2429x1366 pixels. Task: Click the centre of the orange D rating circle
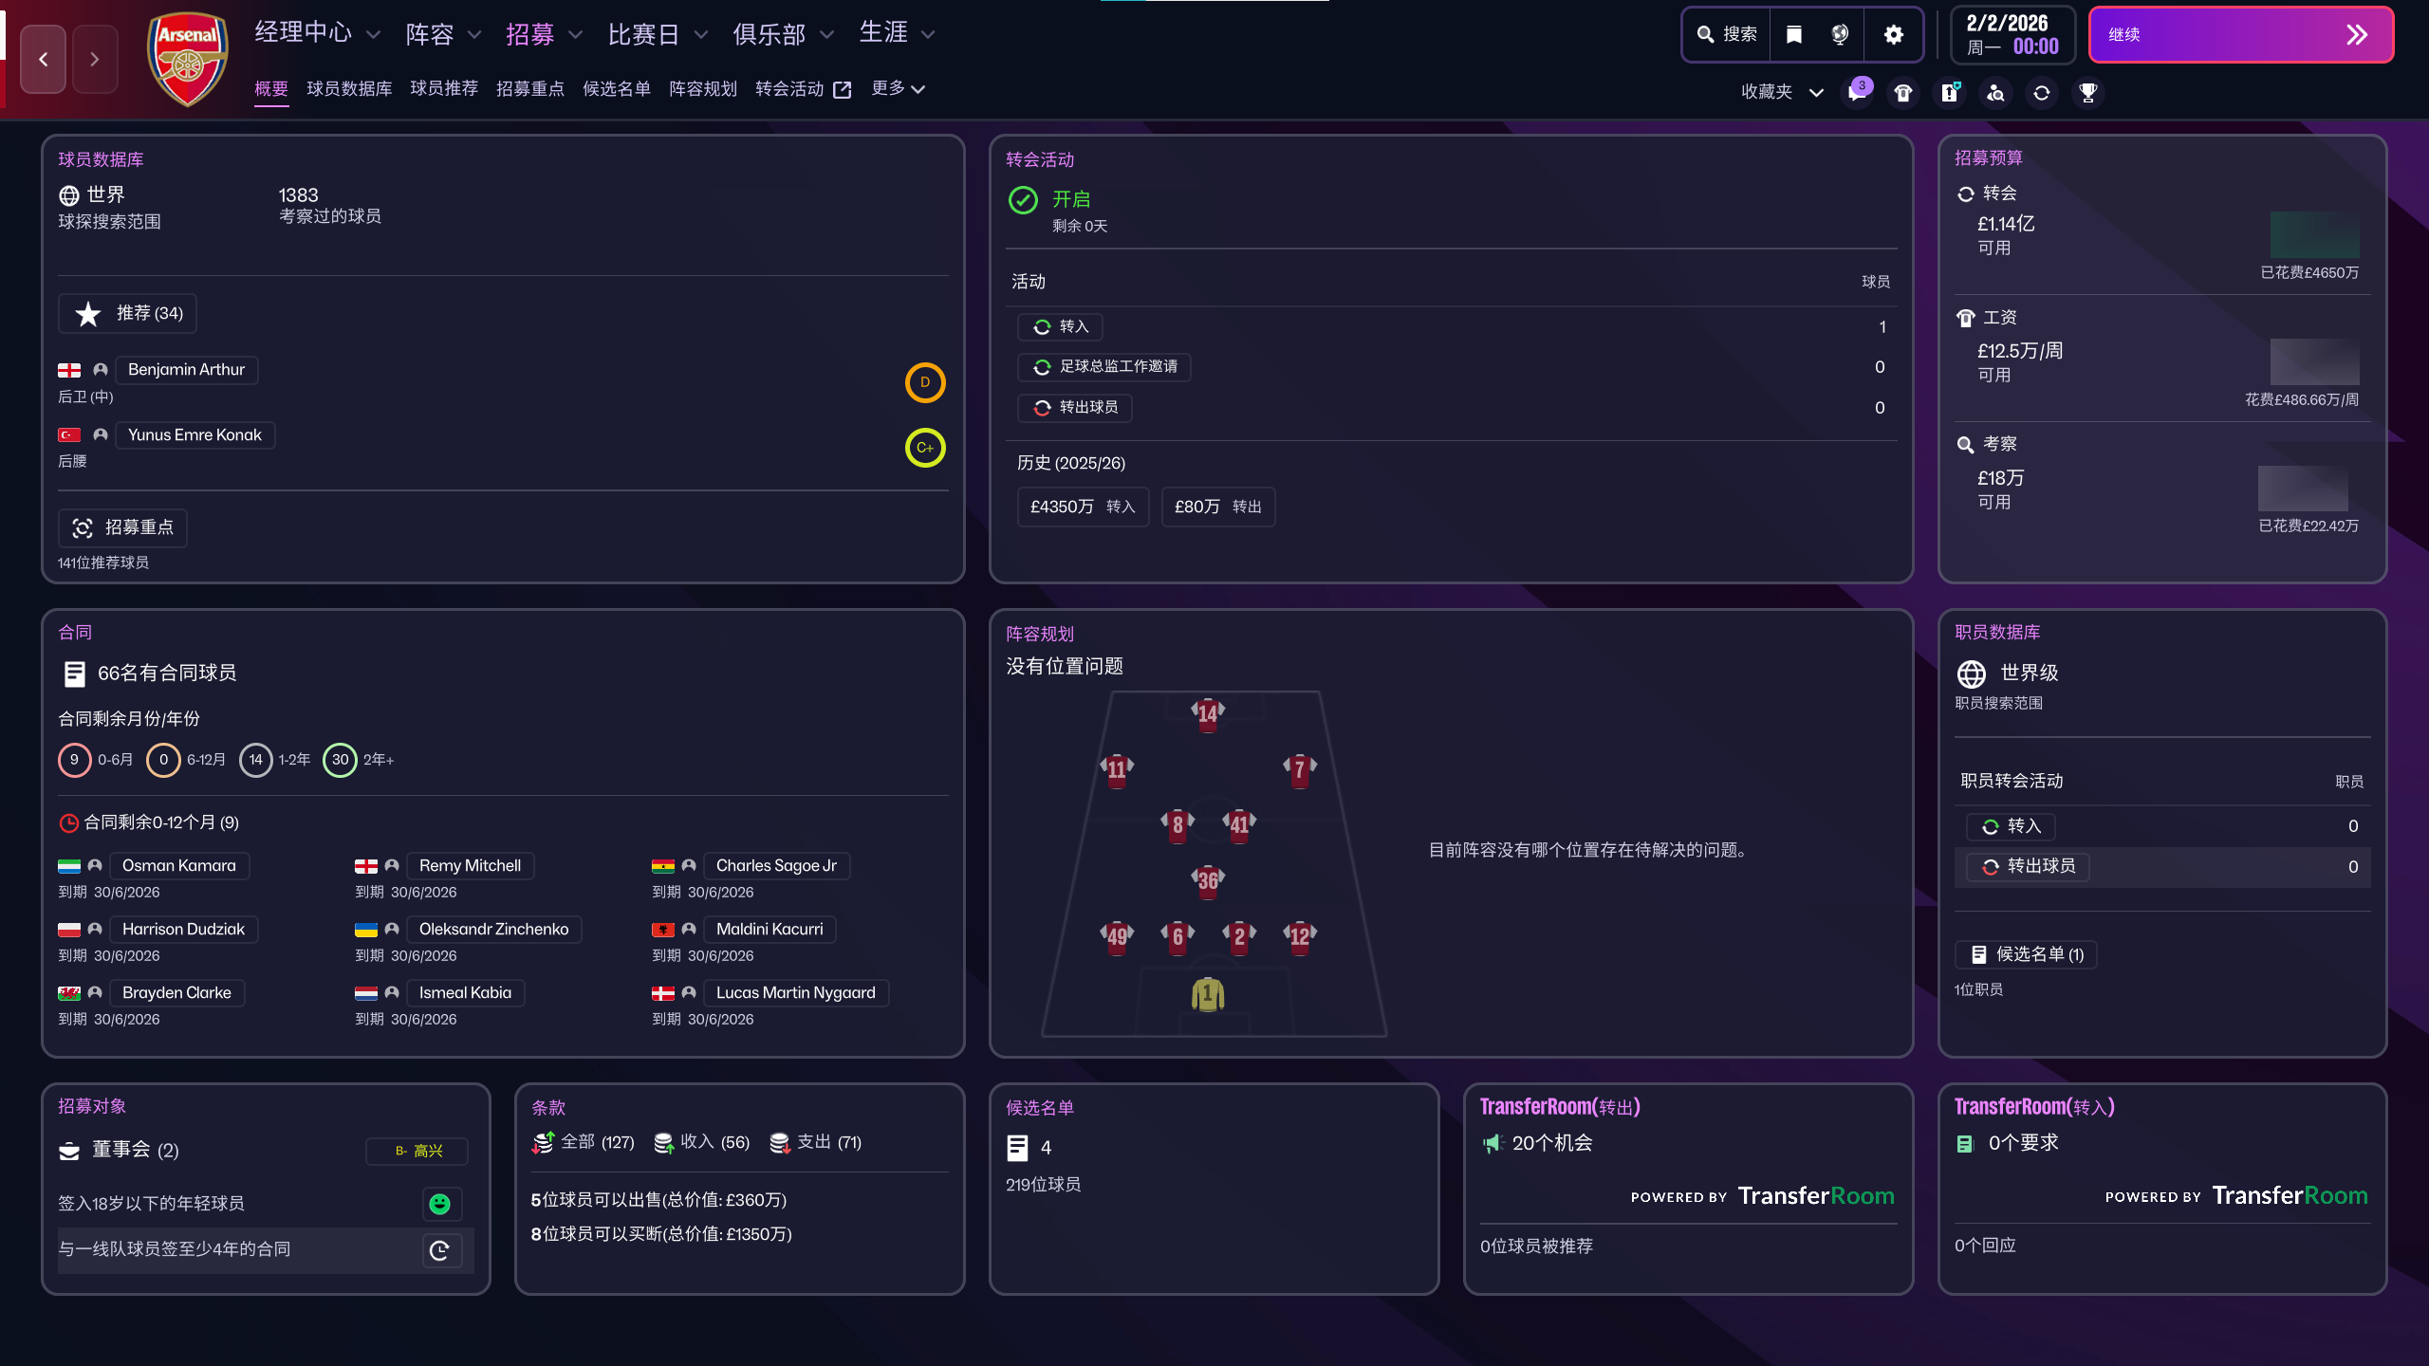pos(924,382)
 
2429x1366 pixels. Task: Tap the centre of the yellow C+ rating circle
pos(924,448)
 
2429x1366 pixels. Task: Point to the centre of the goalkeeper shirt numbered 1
pos(1208,994)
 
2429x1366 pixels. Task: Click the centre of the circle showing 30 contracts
pos(340,760)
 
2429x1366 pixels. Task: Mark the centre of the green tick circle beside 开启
pos(1023,200)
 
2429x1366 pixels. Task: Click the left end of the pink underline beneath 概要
pos(254,105)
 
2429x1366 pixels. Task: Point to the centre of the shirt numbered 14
pos(1208,712)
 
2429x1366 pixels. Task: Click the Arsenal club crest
pos(188,59)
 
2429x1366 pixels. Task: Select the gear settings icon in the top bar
pos(1893,35)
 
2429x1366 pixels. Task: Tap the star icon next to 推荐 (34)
pos(88,314)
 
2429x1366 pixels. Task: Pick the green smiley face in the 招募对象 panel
pos(440,1204)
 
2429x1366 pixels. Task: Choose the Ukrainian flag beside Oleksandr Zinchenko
pos(366,930)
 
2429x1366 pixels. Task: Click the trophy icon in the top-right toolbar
pos(2087,92)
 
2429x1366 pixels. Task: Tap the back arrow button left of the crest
pos(44,59)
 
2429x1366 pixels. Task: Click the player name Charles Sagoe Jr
pos(776,865)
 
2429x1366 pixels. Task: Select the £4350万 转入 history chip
pos(1083,507)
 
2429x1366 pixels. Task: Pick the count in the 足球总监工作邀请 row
pos(1880,367)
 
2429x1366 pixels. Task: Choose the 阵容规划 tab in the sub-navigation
pos(702,88)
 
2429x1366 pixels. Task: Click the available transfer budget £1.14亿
pos(2006,224)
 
